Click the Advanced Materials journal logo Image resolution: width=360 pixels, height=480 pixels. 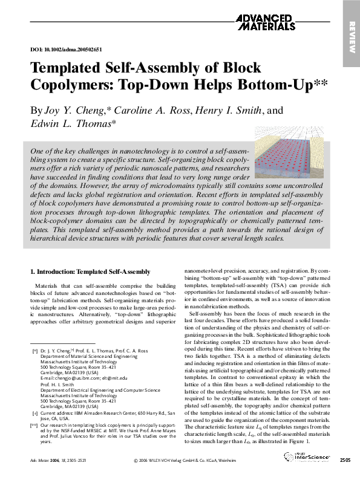pyautogui.click(x=267, y=22)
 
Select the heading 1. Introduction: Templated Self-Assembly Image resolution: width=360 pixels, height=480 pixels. pyautogui.click(x=90, y=272)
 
